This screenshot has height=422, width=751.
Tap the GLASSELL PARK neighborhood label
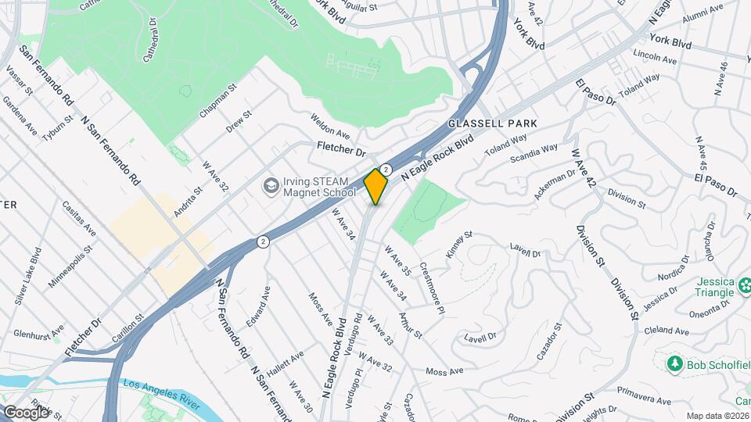(493, 123)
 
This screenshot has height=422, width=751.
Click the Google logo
(26, 412)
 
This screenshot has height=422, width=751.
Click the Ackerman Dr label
(555, 184)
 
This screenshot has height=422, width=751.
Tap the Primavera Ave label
(643, 401)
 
